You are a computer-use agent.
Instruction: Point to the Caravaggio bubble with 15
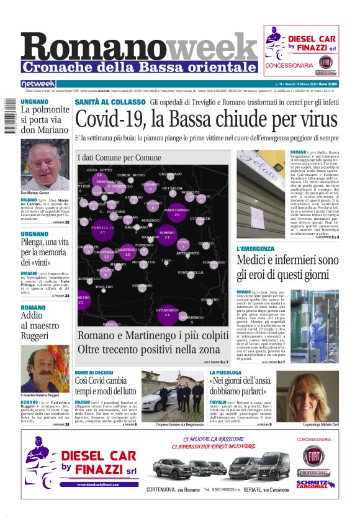coord(127,252)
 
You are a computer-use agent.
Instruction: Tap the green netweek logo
coord(38,83)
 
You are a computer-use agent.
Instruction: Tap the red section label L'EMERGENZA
coord(255,248)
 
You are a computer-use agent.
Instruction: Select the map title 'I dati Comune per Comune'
coord(119,158)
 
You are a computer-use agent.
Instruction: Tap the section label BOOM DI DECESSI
coord(94,372)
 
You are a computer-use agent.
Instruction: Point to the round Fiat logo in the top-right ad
coord(325,62)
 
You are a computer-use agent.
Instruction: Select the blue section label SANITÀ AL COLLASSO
coord(110,102)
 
